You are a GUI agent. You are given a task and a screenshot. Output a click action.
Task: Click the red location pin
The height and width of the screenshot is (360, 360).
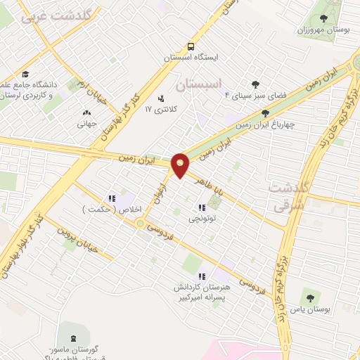click(x=181, y=165)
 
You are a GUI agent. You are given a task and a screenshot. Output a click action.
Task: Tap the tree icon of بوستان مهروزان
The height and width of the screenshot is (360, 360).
click(x=323, y=19)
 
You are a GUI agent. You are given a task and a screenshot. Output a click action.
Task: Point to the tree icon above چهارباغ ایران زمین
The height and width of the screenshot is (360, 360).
click(x=265, y=113)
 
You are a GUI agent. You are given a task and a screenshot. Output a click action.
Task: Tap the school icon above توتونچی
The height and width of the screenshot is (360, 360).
click(x=202, y=207)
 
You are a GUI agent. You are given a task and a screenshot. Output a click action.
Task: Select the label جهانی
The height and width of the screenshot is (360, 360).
click(x=87, y=123)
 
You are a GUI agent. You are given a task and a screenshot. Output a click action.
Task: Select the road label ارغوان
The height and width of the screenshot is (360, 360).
click(x=162, y=191)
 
